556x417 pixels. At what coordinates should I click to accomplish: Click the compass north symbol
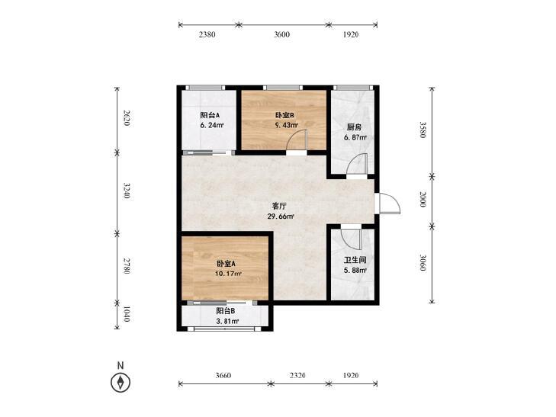[121, 383]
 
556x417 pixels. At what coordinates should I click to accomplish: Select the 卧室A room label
[227, 264]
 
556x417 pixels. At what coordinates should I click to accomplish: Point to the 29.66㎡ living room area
[281, 217]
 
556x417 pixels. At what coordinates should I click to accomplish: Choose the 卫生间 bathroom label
[355, 261]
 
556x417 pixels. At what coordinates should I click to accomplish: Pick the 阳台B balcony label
[226, 311]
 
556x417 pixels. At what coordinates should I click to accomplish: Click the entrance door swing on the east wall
[389, 204]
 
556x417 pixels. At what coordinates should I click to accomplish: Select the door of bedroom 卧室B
[297, 140]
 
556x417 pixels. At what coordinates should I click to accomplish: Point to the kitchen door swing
[357, 163]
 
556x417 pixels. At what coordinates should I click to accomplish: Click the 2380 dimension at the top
[207, 34]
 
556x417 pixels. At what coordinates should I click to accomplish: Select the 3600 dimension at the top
[282, 34]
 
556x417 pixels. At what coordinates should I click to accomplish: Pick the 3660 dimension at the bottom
[223, 375]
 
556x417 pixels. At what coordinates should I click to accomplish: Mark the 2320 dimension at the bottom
[297, 375]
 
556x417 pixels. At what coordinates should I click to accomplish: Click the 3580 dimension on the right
[423, 130]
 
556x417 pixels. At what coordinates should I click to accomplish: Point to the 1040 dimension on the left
[127, 314]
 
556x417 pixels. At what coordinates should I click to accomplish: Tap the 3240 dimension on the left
[127, 191]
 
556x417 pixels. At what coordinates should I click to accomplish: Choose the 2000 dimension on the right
[423, 199]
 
